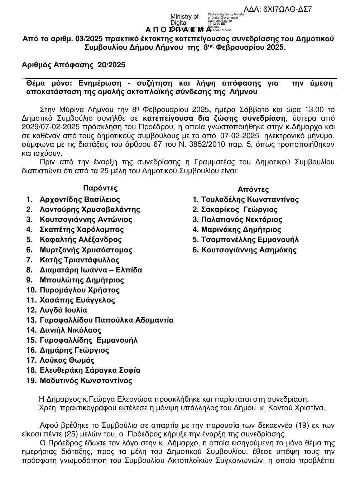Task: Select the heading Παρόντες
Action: pos(100,188)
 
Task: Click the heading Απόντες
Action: pos(253,189)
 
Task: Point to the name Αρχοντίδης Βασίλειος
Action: pos(80,199)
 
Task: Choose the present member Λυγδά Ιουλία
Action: pos(63,310)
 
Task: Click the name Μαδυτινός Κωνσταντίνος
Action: pos(86,380)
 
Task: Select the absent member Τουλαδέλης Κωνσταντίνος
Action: pos(250,199)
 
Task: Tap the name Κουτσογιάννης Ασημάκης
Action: pos(249,250)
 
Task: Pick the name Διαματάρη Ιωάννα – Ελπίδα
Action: pos(91,270)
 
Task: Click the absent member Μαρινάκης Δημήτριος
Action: pos(241,229)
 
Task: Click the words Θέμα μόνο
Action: pos(49,83)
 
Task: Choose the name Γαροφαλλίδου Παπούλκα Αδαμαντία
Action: pos(107,320)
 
